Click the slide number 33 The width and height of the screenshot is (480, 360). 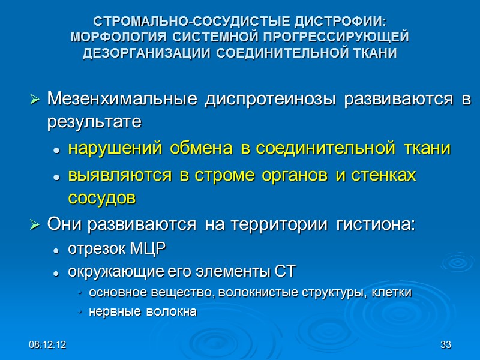(x=445, y=345)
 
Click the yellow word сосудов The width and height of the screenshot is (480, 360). (x=102, y=199)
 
